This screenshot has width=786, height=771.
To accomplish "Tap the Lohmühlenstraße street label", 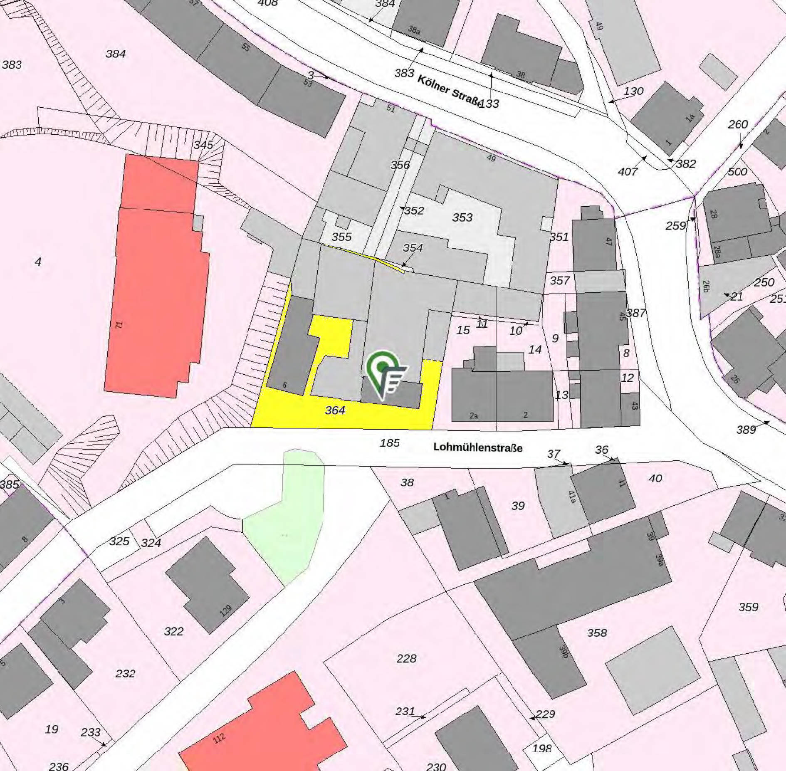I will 477,447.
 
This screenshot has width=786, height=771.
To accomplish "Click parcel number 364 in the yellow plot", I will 335,410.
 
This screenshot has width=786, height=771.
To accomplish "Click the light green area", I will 287,520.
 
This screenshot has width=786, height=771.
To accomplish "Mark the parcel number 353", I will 462,217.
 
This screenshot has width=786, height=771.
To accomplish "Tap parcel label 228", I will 406,658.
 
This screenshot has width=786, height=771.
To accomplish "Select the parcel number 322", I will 173,631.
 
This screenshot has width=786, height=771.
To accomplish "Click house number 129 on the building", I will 225,610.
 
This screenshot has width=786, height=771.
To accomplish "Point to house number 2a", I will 474,415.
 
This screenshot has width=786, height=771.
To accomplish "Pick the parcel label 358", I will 597,633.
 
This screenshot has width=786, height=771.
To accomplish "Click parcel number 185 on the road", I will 390,443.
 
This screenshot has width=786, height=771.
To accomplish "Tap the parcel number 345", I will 203,145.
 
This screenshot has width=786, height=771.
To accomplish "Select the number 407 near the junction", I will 628,171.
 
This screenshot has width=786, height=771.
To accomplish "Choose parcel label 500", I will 737,171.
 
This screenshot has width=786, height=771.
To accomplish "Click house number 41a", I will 572,497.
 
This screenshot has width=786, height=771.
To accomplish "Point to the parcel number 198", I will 542,749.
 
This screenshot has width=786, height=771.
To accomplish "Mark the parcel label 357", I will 560,281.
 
